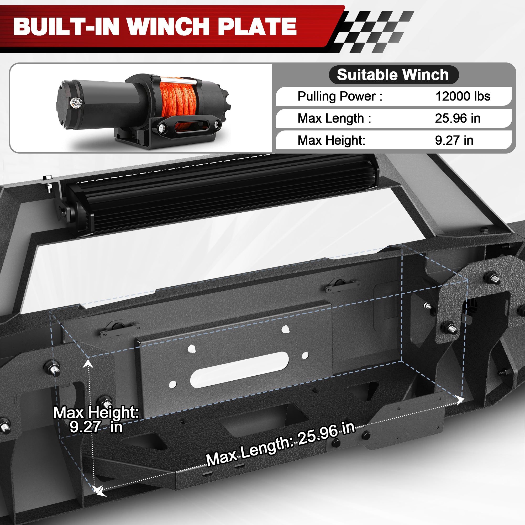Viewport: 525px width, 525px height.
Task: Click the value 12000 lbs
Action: (463, 96)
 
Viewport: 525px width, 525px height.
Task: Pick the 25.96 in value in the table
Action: (458, 118)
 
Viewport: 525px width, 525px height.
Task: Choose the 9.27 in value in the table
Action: (454, 140)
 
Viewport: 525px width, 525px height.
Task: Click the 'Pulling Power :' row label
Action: (340, 96)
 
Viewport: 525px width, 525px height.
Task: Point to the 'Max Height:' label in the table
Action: (331, 140)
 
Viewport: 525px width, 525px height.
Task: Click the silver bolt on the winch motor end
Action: (74, 102)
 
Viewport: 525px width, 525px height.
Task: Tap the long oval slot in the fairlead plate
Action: (239, 369)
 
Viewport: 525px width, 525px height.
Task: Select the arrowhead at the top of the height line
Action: (87, 363)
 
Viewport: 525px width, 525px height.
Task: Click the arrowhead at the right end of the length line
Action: (460, 400)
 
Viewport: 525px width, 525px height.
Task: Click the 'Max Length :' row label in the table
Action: (334, 118)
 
